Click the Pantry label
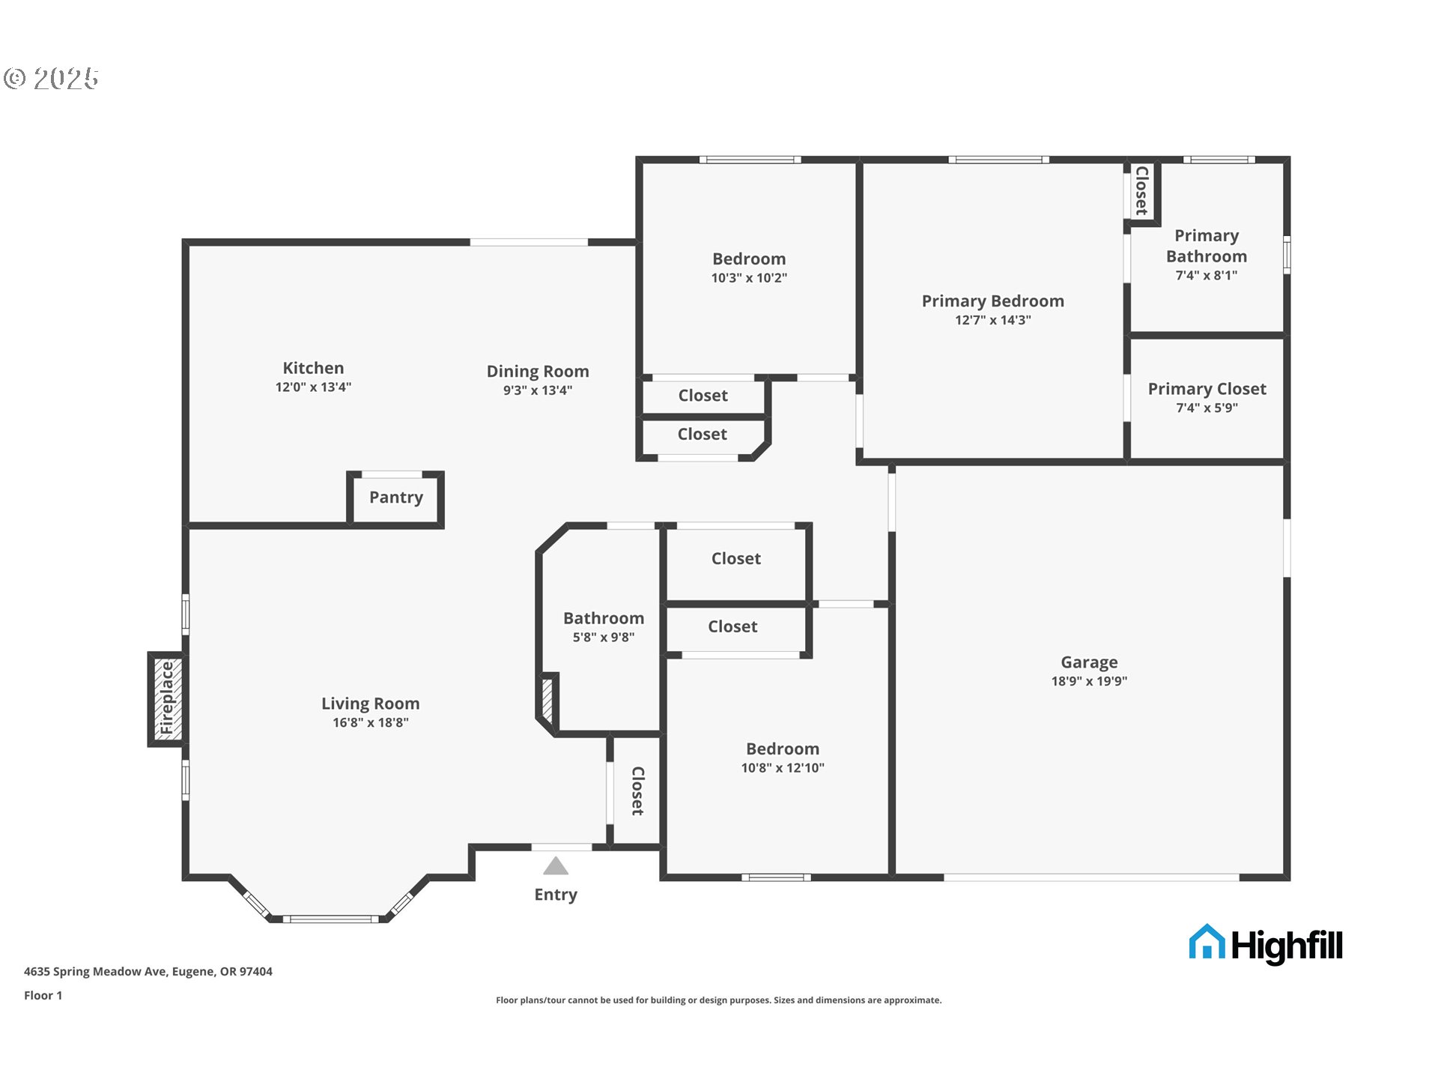pos(396,498)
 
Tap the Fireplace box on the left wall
pos(166,699)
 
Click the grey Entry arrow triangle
pos(556,866)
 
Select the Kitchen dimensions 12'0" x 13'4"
pos(313,387)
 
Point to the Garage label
pos(1089,662)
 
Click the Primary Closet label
pos(1207,389)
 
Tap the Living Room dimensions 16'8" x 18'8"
pos(371,723)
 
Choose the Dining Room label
pos(538,372)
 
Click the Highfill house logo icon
pos(1207,942)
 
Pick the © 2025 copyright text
pos(51,79)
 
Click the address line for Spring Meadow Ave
pos(148,972)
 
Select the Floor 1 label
pos(43,996)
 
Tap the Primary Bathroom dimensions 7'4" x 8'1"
pos(1206,276)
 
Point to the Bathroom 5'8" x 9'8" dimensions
pos(604,638)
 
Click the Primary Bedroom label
pos(992,301)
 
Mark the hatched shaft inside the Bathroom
pos(547,699)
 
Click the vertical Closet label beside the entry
pos(637,791)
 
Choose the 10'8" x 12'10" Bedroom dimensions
pos(783,768)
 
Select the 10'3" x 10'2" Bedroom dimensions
pos(749,278)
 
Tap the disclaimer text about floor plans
pos(719,1000)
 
